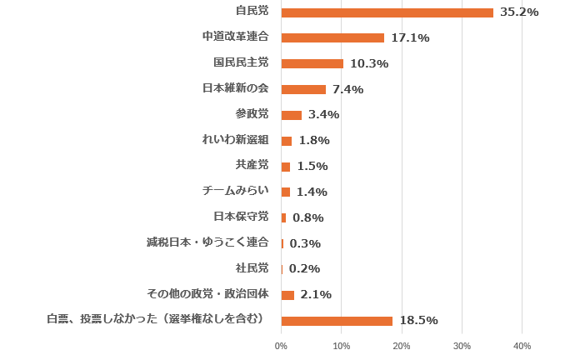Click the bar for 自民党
click(x=387, y=12)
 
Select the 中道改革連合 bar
click(x=332, y=37)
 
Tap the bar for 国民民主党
click(x=312, y=63)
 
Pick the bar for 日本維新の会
click(x=303, y=89)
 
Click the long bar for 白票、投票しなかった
click(x=337, y=321)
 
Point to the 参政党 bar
click(x=292, y=115)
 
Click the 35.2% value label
click(x=519, y=12)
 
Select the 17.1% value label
click(x=410, y=37)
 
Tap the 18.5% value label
click(x=418, y=321)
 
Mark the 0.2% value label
click(x=304, y=268)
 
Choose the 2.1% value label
click(x=316, y=294)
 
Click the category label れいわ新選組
click(x=235, y=139)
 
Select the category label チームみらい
click(x=235, y=191)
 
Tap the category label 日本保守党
click(x=241, y=217)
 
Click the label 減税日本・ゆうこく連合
click(x=207, y=242)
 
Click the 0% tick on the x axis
click(x=281, y=346)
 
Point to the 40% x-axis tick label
click(x=522, y=346)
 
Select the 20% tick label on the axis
click(x=402, y=346)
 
